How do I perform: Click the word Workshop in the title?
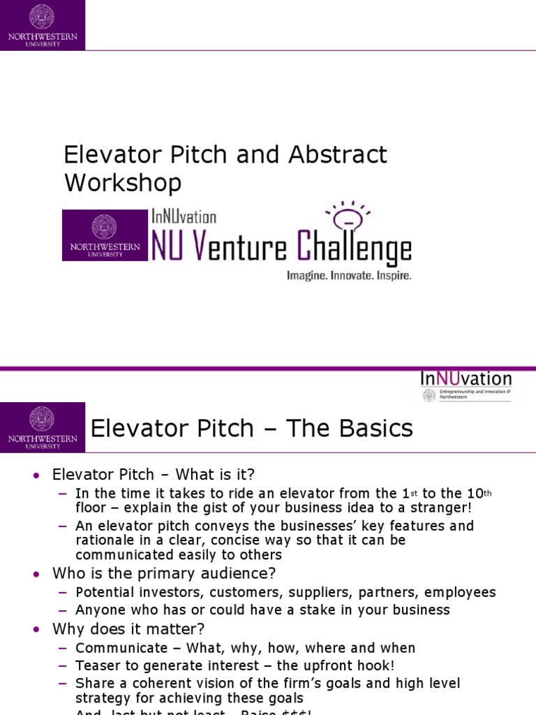[x=123, y=183]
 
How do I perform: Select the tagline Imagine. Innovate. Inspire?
[x=349, y=276]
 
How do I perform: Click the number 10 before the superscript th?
[x=475, y=493]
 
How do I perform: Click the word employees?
[x=461, y=592]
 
